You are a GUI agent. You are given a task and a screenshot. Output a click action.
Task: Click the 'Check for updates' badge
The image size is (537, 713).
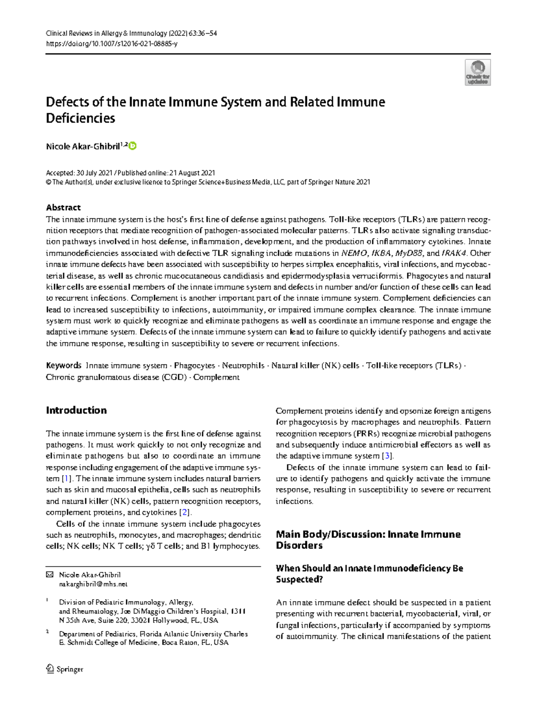[478, 73]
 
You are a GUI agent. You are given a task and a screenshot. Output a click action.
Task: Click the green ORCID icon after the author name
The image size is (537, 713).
[132, 146]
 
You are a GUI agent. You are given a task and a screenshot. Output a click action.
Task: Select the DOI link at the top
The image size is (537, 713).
[111, 44]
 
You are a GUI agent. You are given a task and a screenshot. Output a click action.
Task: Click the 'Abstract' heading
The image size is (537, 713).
[63, 207]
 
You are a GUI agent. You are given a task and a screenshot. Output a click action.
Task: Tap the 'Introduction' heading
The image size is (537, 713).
[76, 410]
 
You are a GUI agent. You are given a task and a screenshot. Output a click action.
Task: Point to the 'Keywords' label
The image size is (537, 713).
[64, 365]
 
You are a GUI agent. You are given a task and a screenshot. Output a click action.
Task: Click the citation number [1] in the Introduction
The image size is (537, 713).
[67, 478]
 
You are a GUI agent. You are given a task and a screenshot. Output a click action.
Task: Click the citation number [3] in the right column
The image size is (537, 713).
[387, 456]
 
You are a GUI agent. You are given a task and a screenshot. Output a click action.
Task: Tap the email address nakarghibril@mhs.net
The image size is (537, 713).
[93, 584]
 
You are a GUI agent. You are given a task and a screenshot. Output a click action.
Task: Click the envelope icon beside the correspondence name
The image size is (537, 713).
[50, 575]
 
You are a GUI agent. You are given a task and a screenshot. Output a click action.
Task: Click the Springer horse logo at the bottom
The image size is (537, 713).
[50, 669]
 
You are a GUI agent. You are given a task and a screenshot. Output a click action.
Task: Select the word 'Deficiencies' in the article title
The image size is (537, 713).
[81, 118]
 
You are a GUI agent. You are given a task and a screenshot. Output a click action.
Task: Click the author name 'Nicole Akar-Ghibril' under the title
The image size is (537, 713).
[83, 146]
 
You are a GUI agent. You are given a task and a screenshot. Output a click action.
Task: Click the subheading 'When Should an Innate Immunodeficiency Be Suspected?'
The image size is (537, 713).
[369, 573]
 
